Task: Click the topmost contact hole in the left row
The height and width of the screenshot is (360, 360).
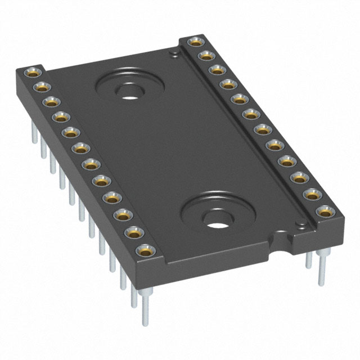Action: (31, 73)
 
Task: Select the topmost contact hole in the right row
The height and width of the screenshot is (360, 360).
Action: (195, 41)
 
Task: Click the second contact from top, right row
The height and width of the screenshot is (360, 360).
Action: (206, 55)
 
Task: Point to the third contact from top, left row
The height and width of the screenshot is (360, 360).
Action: (51, 102)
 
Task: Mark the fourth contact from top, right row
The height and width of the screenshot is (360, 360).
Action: (227, 84)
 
